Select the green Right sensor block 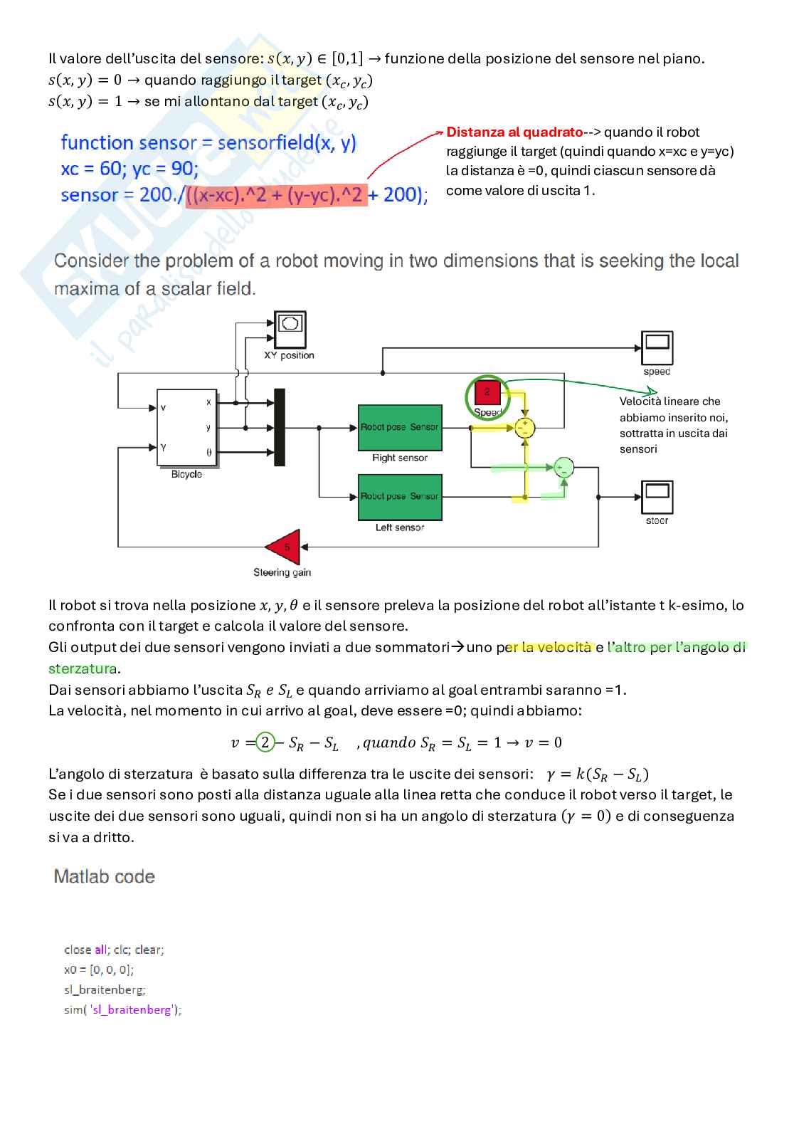(399, 427)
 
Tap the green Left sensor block (399, 496)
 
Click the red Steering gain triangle (285, 547)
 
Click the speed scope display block (657, 349)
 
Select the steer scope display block (657, 497)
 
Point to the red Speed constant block (487, 392)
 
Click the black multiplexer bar (280, 427)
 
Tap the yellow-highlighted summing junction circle (525, 428)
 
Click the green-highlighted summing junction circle (563, 467)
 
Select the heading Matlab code (105, 876)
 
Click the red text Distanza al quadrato (514, 132)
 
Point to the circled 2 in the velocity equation (265, 742)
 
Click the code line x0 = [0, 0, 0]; (99, 970)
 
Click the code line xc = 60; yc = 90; (129, 169)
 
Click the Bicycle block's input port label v (164, 408)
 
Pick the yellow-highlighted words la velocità (556, 647)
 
